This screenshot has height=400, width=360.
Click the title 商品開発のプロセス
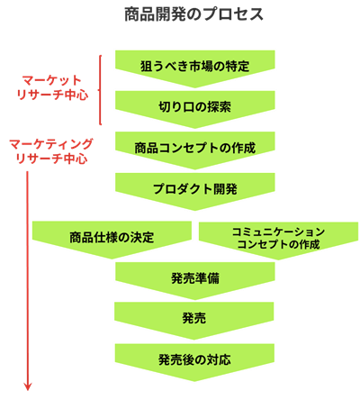click(193, 14)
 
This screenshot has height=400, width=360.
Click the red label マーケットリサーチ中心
click(52, 87)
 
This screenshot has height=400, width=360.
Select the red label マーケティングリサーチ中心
click(51, 151)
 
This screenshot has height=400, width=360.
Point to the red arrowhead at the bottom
click(28, 386)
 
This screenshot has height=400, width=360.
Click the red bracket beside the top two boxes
click(100, 90)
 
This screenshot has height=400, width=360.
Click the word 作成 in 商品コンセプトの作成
click(244, 148)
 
